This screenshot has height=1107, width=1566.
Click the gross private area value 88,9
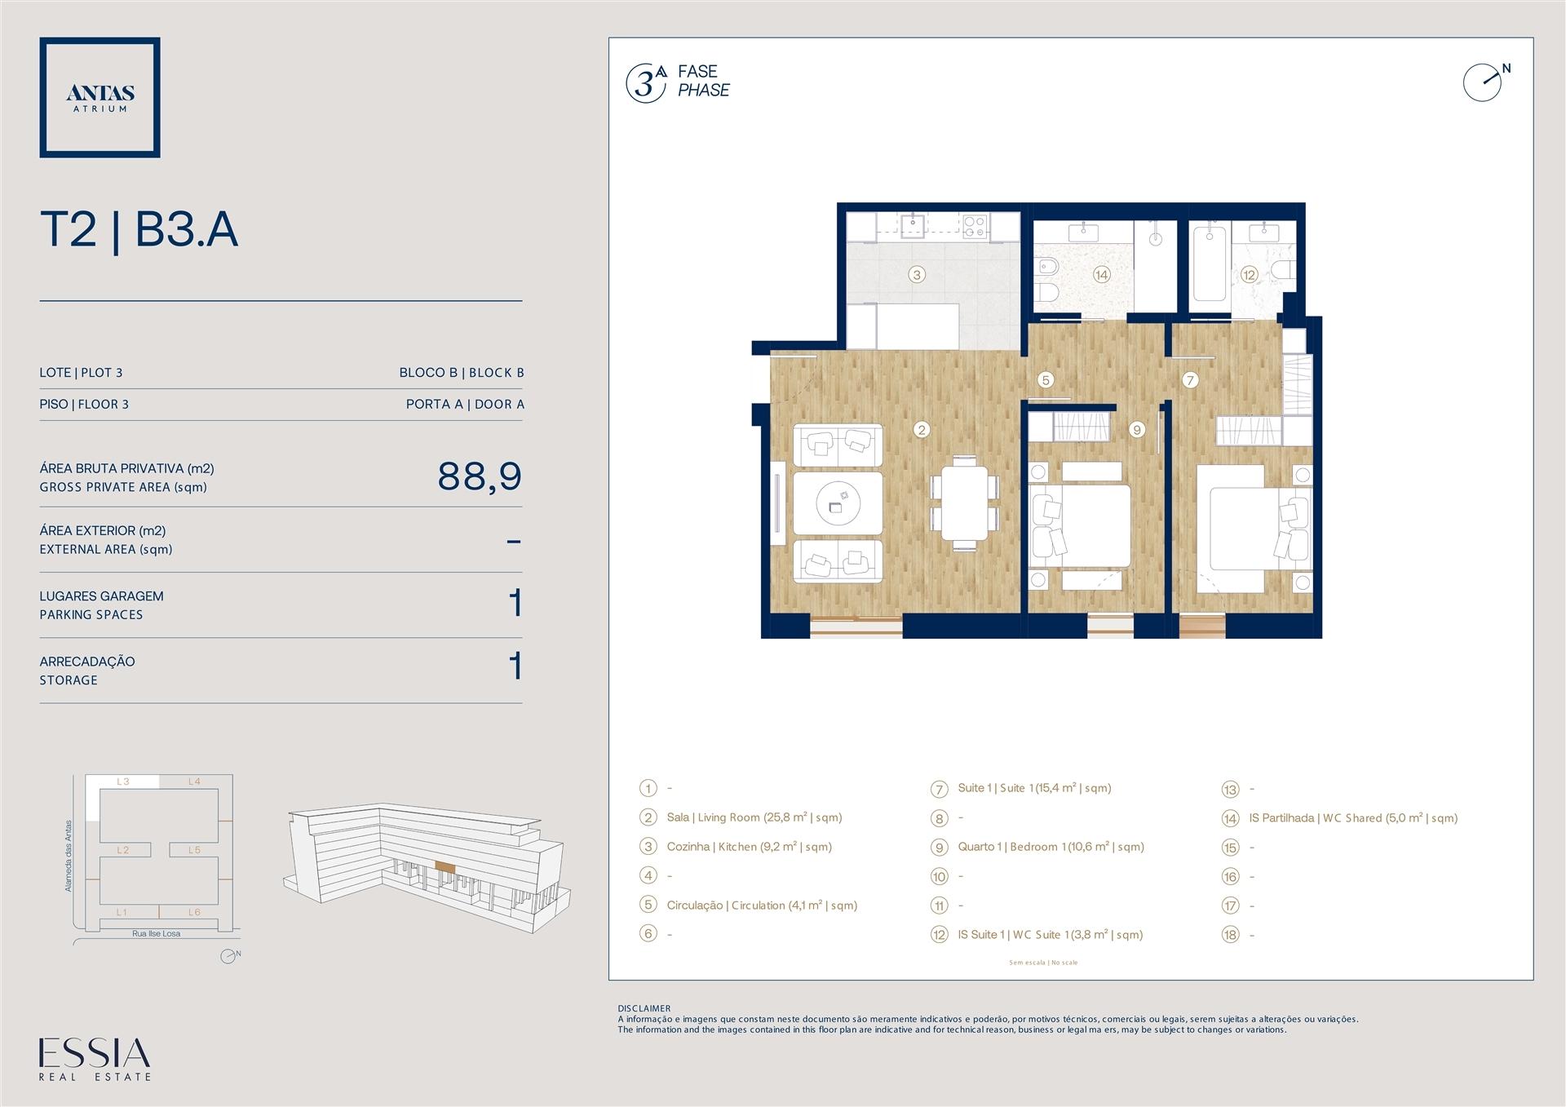tap(480, 476)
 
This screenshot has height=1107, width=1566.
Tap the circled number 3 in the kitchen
tap(917, 275)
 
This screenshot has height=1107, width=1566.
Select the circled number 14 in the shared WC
tap(1102, 275)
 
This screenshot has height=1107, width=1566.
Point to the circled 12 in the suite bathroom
tap(1250, 275)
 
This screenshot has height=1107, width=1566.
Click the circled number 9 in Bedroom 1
tap(1137, 430)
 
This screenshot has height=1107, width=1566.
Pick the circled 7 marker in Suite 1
tap(1190, 380)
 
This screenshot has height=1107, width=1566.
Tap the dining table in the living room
tap(964, 503)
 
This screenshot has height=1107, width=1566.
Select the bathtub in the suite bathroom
tap(1210, 264)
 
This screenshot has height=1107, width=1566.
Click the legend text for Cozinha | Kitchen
tap(749, 847)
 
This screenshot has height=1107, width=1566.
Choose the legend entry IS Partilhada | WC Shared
tap(1353, 818)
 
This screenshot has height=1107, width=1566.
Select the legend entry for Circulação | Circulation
tap(762, 906)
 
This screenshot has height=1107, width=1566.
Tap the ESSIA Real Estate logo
tap(95, 1059)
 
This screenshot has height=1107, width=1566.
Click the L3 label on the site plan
tap(123, 782)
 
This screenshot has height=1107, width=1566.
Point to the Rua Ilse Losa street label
tap(156, 934)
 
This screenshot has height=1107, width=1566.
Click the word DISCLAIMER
tap(644, 1009)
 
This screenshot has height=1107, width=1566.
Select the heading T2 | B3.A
tap(139, 229)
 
